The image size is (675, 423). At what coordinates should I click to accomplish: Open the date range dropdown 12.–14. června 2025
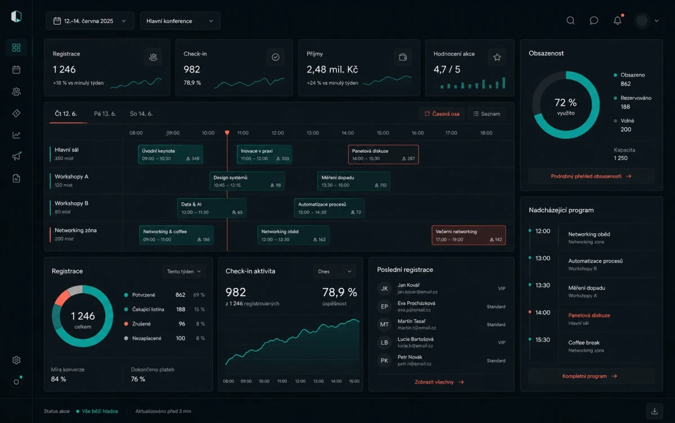coord(90,21)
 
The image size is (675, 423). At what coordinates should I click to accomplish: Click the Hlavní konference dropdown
coord(180,21)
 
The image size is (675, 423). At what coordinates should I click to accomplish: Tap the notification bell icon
coord(618,20)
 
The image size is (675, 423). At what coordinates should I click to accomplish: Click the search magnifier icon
coord(570,20)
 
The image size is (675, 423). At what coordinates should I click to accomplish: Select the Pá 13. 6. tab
coord(105,114)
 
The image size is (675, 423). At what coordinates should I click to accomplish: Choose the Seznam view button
coord(487,114)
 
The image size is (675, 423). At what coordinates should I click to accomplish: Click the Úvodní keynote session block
coord(170,154)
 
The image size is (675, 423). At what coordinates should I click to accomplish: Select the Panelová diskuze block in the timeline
coord(383,154)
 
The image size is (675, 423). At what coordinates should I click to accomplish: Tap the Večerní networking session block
coord(469,235)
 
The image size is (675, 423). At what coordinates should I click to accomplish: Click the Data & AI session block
coord(211,208)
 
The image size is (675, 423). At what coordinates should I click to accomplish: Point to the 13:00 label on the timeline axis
coord(313,133)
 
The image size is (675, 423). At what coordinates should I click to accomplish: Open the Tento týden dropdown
coord(184,271)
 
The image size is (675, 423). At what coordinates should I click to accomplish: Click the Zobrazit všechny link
coord(439,382)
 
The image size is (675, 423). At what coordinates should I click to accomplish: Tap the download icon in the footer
coord(654,411)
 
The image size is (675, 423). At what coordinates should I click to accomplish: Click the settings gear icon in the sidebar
coord(16,360)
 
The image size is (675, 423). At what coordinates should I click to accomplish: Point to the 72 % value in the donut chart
coord(565,103)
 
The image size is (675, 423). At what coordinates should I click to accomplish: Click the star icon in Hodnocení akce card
coord(497,57)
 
